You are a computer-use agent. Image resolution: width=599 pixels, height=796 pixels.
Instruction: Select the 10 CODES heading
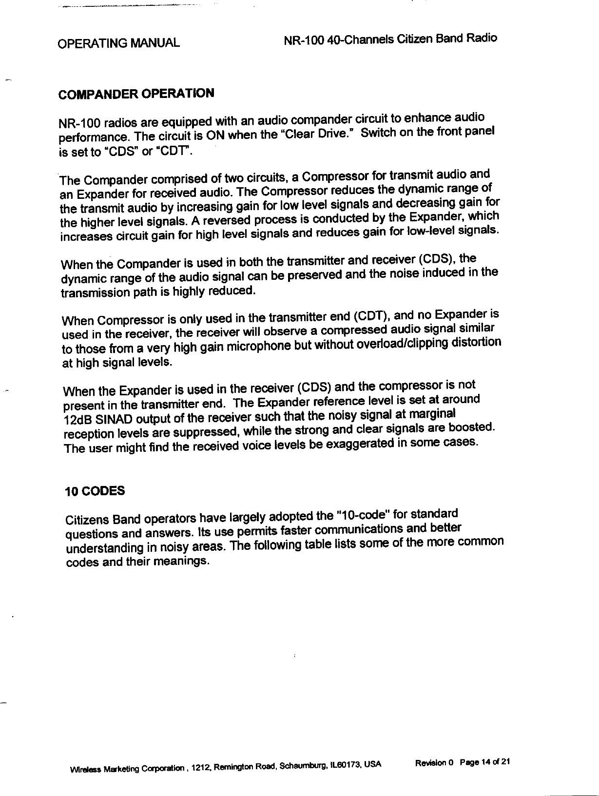coord(95,490)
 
